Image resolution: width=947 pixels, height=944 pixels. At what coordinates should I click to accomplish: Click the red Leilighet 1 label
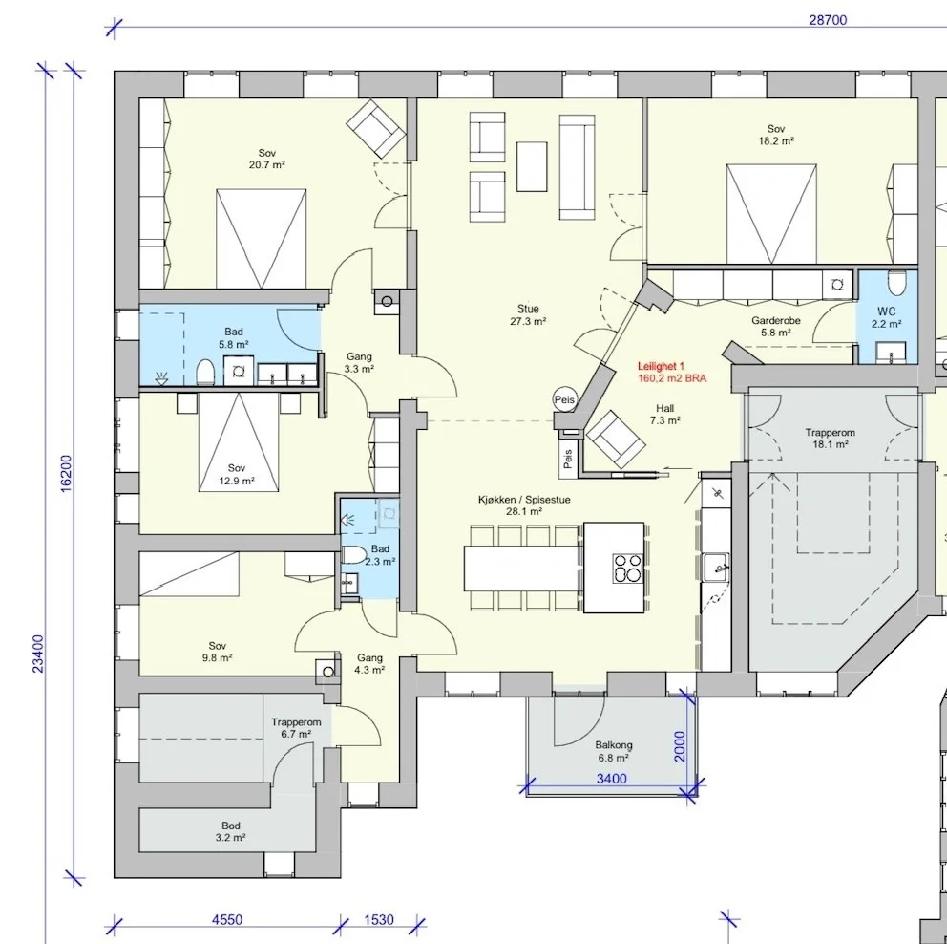[661, 366]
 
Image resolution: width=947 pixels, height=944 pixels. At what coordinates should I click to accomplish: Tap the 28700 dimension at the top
[828, 20]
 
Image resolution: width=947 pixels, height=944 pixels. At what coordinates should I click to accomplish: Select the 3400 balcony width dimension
[611, 779]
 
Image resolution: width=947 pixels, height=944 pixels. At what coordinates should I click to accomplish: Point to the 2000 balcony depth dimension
[680, 746]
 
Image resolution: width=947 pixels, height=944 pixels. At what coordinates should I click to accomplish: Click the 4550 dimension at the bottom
[227, 919]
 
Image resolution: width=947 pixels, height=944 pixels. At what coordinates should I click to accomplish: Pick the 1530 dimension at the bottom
[379, 919]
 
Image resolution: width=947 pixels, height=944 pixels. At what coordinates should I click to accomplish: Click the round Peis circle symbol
[565, 399]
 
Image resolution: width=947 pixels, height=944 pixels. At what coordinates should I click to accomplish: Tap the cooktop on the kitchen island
[627, 568]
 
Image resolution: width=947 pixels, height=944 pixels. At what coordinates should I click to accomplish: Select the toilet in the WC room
[896, 283]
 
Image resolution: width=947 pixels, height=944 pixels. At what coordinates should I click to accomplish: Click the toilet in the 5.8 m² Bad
[205, 372]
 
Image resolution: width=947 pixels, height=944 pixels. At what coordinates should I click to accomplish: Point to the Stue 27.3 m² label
[528, 315]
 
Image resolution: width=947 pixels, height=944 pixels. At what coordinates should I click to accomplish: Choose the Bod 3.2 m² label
[231, 831]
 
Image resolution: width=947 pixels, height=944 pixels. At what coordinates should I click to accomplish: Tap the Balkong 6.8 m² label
[614, 751]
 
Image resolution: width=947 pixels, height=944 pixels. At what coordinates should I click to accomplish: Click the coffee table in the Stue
[532, 167]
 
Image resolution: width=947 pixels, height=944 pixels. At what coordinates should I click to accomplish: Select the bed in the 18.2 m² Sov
[771, 214]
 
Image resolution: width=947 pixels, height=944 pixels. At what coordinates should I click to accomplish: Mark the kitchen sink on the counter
[717, 567]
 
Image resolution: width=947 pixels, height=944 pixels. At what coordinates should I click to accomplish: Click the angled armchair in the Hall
[616, 440]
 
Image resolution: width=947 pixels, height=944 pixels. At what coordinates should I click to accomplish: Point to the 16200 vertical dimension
[66, 473]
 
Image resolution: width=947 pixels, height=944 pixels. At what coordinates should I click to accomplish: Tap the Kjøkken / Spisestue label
[524, 505]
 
